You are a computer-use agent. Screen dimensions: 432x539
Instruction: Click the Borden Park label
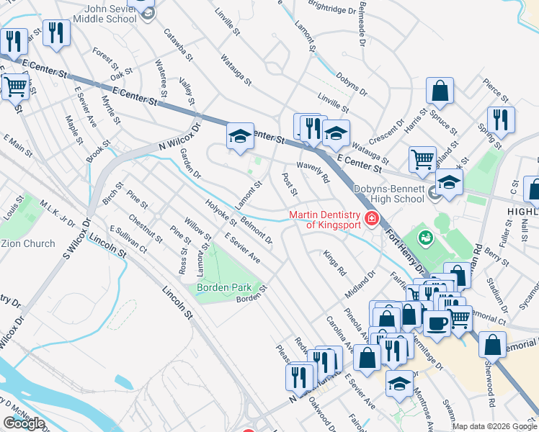(224, 288)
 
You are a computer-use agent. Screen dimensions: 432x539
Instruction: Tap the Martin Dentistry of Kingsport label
(324, 220)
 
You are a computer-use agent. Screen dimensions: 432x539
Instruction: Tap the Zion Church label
(27, 243)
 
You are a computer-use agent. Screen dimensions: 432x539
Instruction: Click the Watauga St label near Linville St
(236, 69)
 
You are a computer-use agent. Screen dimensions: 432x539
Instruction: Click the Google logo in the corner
(24, 423)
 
